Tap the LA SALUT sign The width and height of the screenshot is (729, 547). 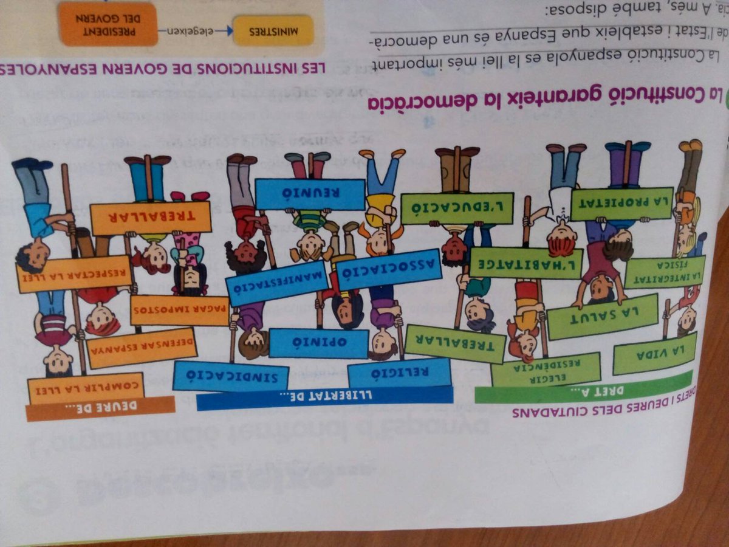pos(603,317)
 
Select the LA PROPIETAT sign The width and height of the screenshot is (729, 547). pos(621,203)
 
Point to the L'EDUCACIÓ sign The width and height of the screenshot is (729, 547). pos(457,208)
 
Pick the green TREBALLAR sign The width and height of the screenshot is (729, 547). pos(455,344)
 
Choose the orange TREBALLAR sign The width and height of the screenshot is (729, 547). pos(151,218)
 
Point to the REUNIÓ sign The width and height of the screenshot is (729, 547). pos(310,194)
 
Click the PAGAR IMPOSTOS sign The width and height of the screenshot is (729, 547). pos(180,310)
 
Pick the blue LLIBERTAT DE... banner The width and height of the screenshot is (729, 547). pos(325,399)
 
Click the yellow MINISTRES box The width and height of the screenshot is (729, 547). pos(273,30)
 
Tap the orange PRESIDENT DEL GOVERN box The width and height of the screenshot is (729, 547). pos(109,22)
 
